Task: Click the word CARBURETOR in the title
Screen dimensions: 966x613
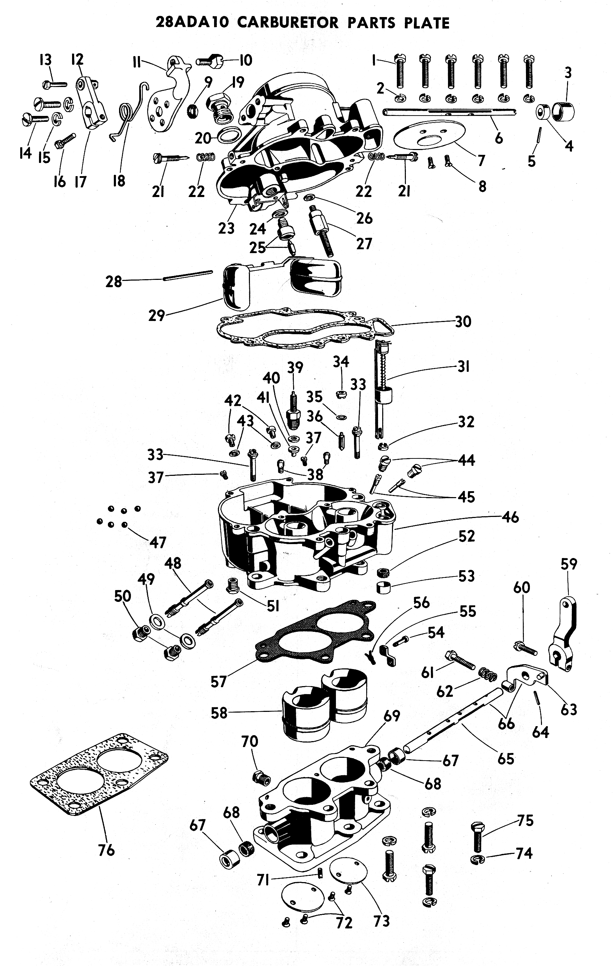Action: [x=288, y=23]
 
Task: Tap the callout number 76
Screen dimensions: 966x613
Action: [x=106, y=850]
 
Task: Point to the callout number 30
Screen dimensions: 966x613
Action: [x=463, y=321]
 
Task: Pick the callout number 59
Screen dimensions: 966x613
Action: [x=569, y=564]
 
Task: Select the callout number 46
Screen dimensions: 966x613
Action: [x=510, y=517]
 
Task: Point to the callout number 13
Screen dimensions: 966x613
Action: [x=45, y=60]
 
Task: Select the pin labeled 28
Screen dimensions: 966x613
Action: [x=188, y=276]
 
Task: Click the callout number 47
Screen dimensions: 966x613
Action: [x=158, y=542]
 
